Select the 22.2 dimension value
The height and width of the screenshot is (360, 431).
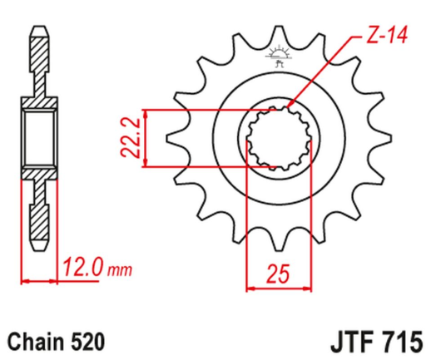pos(127,137)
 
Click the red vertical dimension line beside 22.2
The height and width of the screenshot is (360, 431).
pos(147,137)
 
